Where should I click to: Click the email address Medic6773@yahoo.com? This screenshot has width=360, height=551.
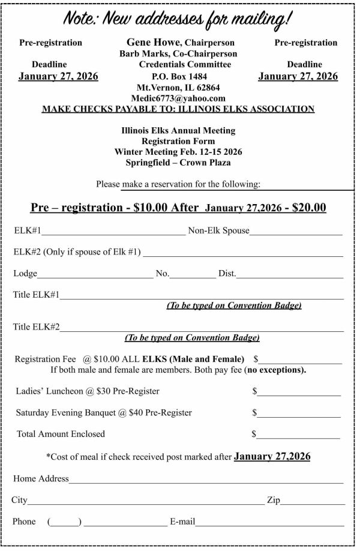(x=181, y=98)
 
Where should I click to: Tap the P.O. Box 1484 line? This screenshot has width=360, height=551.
(x=181, y=76)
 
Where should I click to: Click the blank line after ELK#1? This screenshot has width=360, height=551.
(x=113, y=230)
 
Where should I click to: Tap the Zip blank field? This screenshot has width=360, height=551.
(x=313, y=501)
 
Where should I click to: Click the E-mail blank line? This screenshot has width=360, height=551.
(x=269, y=522)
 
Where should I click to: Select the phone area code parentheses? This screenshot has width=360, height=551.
(x=64, y=522)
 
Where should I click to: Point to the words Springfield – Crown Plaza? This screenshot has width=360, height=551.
(x=178, y=163)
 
